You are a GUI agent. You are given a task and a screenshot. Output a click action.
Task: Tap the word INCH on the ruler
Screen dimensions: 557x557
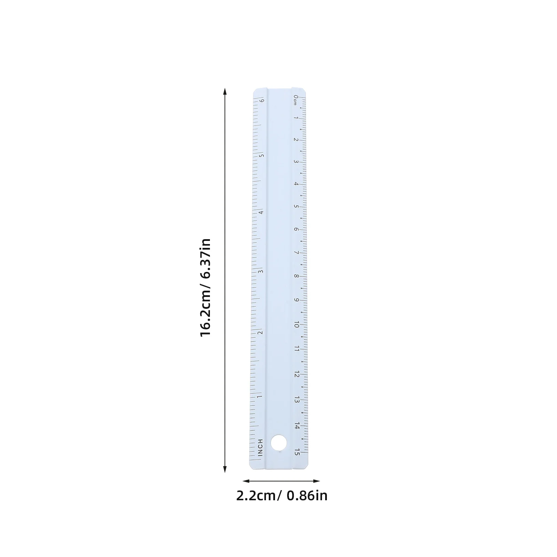pyautogui.click(x=260, y=448)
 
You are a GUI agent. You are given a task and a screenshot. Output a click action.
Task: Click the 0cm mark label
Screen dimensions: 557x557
pyautogui.click(x=295, y=100)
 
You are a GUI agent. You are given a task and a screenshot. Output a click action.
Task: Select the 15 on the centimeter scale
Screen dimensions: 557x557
pyautogui.click(x=297, y=452)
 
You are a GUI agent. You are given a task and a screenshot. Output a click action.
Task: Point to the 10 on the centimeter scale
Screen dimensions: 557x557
pyautogui.click(x=297, y=324)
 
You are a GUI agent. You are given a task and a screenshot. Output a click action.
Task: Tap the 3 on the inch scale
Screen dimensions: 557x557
pyautogui.click(x=260, y=272)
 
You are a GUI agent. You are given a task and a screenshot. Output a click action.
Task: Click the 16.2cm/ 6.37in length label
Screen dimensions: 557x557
pyautogui.click(x=205, y=287)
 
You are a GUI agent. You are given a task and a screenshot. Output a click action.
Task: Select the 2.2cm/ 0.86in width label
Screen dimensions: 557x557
pyautogui.click(x=282, y=496)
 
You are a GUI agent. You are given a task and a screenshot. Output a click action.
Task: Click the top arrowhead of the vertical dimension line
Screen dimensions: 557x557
pyautogui.click(x=225, y=92)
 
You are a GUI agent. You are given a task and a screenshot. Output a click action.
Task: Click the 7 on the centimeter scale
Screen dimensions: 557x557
pyautogui.click(x=296, y=253)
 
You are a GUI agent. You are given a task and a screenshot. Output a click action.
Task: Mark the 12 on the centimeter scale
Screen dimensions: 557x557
pyautogui.click(x=297, y=374)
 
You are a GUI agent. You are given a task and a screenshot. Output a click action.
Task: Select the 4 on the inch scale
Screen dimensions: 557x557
pyautogui.click(x=261, y=212)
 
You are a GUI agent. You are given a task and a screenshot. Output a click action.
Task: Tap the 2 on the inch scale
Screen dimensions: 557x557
pyautogui.click(x=260, y=332)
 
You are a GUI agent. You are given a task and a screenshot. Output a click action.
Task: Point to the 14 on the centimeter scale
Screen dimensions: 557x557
pyautogui.click(x=297, y=426)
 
